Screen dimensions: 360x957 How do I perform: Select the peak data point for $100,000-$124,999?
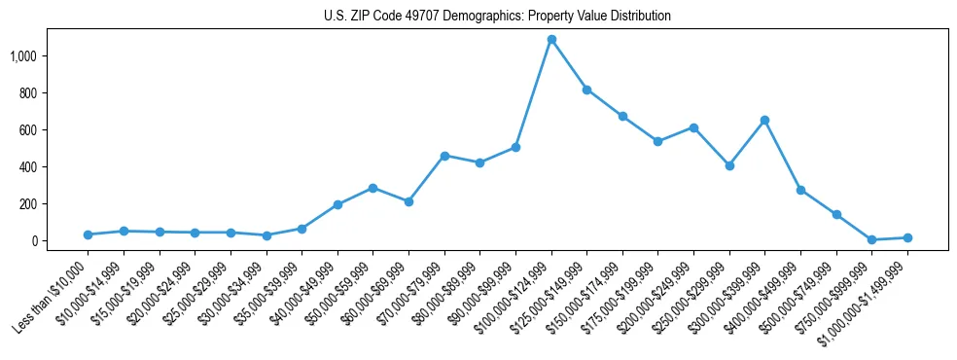(x=551, y=40)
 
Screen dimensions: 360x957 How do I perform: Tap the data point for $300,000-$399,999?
(x=764, y=120)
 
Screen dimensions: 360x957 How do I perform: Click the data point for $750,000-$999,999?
(x=871, y=239)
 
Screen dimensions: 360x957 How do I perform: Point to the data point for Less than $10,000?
(x=88, y=234)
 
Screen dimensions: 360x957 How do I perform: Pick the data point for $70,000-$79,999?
(x=444, y=156)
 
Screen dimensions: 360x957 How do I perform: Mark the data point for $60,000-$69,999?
(x=408, y=201)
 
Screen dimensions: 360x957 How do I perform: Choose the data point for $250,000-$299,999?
(x=729, y=165)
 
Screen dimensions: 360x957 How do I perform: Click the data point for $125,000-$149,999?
(x=586, y=90)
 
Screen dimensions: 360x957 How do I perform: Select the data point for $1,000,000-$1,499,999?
(x=907, y=237)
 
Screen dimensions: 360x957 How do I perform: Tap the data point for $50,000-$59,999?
(x=372, y=188)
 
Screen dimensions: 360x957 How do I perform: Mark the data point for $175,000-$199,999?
(x=658, y=141)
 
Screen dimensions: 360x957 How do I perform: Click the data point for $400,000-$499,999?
(x=800, y=190)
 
